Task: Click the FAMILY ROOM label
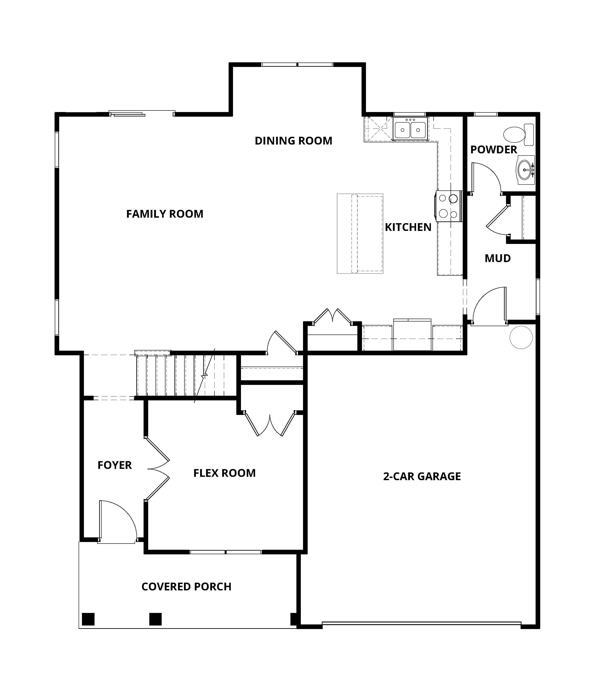point(165,214)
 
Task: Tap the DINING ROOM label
point(294,141)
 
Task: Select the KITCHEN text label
point(408,227)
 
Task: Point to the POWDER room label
point(494,150)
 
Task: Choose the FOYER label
point(115,465)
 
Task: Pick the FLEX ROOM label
point(224,473)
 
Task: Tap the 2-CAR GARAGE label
point(422,476)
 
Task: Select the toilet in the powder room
point(518,135)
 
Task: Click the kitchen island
point(360,234)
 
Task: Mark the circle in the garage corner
point(521,337)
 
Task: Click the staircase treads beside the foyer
point(186,375)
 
